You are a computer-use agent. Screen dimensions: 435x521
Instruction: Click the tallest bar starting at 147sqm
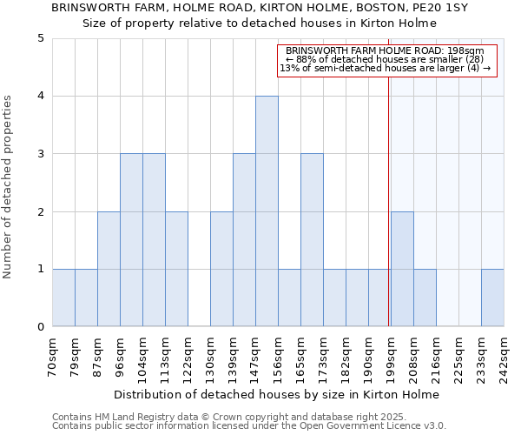coord(267,211)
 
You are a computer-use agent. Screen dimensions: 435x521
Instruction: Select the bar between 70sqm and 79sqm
coord(63,298)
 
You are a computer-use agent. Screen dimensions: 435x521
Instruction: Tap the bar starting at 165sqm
coord(312,240)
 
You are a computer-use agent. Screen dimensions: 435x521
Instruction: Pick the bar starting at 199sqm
coord(402,269)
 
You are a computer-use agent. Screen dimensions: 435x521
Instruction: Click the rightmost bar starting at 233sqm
coord(492,298)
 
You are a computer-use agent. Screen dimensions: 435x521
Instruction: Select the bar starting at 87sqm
coord(109,269)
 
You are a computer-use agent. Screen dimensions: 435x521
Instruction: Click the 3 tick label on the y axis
coord(40,154)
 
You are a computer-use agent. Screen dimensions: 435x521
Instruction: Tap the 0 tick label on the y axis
coord(40,327)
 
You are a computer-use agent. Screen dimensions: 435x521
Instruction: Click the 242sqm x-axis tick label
coord(504,357)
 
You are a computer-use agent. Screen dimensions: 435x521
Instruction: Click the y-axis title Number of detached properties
coord(9,187)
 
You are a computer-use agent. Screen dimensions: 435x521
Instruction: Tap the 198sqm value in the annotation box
coord(466,51)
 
